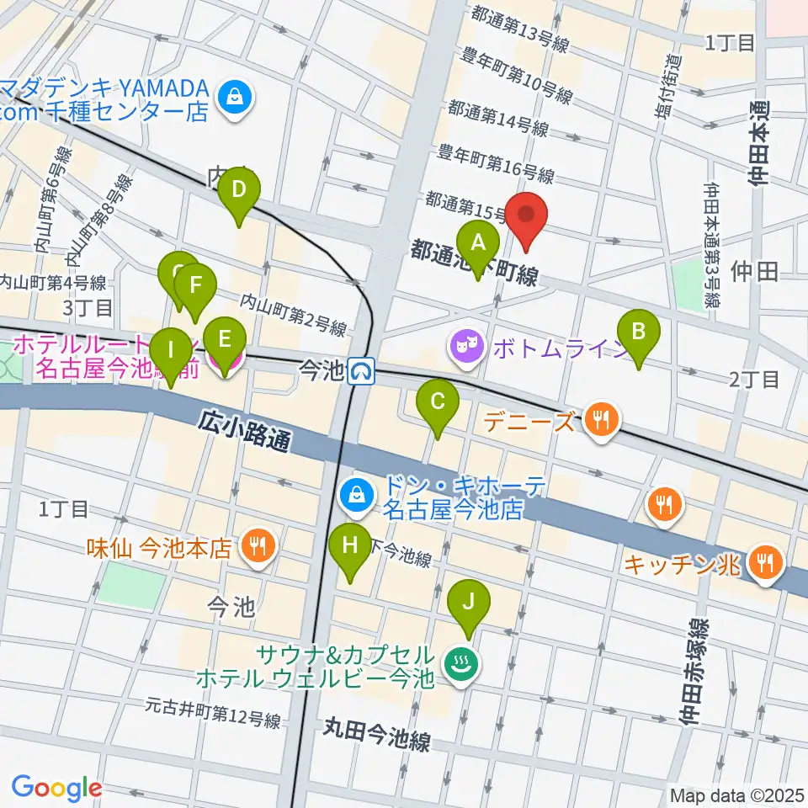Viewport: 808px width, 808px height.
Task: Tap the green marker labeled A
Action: tap(478, 244)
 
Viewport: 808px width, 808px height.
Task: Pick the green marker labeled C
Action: tap(438, 402)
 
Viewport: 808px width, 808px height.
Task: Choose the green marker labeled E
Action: tap(224, 340)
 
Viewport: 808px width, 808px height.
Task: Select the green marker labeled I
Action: tap(171, 350)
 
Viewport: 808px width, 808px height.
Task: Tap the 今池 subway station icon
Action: tap(362, 370)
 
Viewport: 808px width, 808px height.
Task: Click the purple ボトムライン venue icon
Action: tap(464, 343)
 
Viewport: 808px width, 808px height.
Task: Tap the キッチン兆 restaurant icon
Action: tap(765, 560)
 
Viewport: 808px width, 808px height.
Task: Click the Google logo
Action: tap(57, 788)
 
